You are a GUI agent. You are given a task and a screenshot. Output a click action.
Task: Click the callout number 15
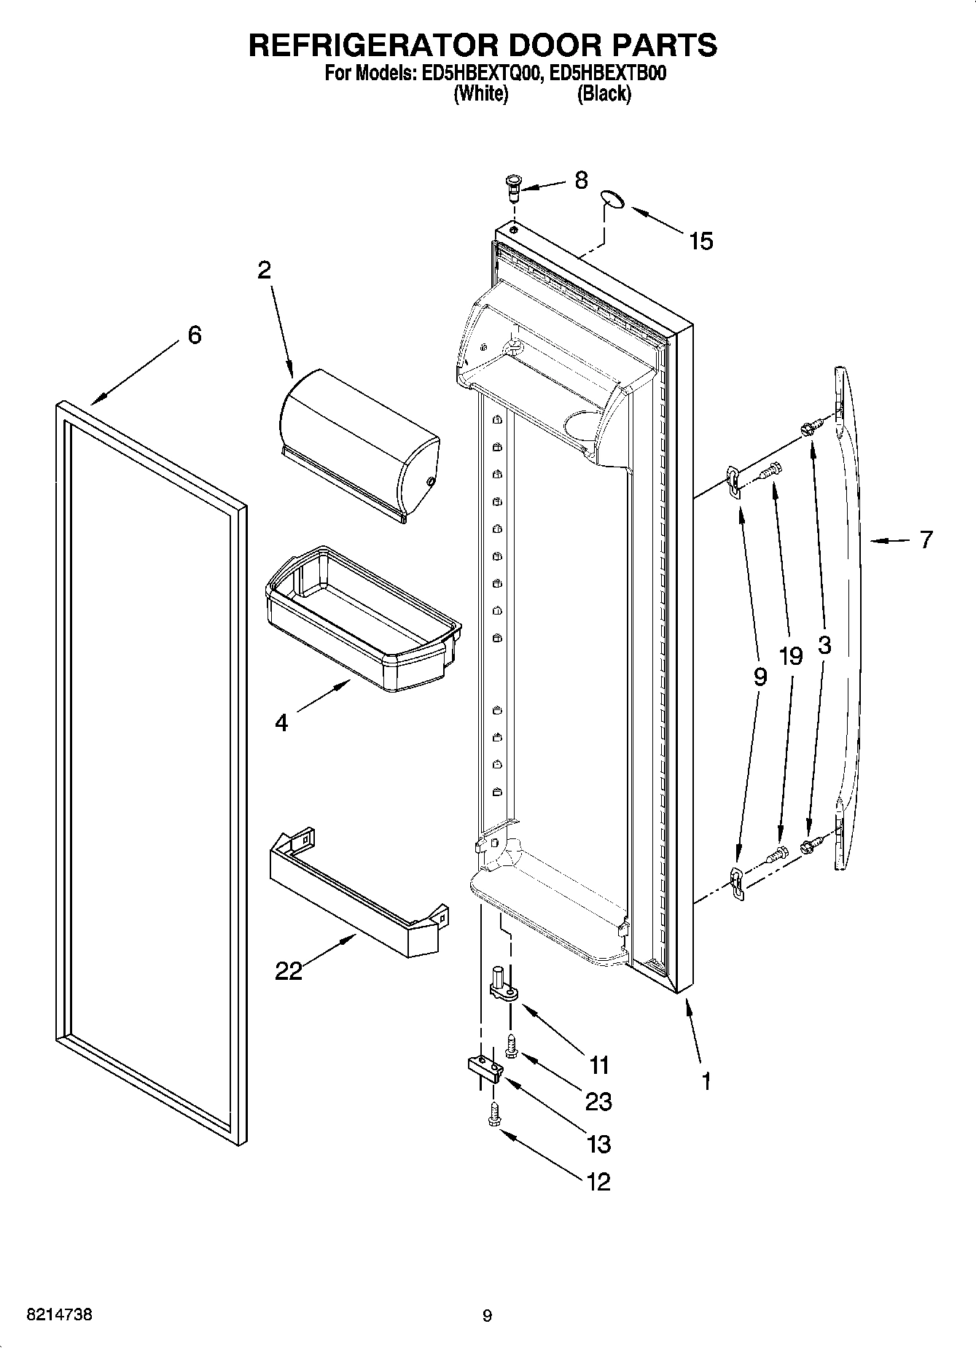(700, 241)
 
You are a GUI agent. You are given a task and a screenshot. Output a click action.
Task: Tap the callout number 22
(289, 971)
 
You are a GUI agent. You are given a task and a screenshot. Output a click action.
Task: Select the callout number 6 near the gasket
(194, 335)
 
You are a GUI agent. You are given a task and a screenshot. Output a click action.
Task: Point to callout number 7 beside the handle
(925, 540)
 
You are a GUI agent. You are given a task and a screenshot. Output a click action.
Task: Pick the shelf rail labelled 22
(357, 897)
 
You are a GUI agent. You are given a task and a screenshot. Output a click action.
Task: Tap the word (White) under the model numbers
(480, 93)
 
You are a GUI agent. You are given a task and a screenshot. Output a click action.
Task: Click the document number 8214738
(59, 1315)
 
